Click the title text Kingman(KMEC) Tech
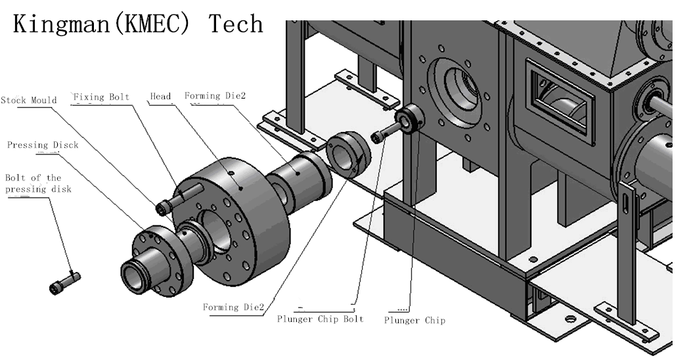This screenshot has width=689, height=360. point(138,24)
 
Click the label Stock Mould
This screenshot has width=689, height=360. point(29,101)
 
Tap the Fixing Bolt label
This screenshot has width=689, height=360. point(101,97)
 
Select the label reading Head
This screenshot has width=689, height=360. point(160,97)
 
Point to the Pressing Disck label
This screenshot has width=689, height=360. point(43,145)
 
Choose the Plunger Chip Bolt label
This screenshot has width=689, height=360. point(320,319)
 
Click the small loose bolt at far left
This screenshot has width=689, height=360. point(64,282)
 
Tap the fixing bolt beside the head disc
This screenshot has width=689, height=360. point(179,198)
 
